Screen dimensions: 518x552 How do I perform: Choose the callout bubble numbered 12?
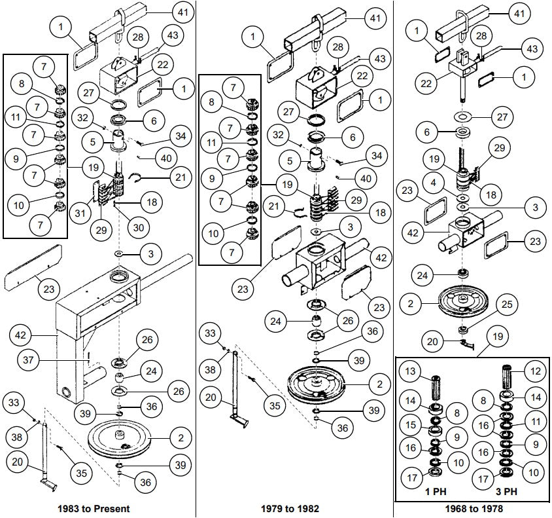tap(534, 372)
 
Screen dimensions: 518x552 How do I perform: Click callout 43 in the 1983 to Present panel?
tap(172, 35)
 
